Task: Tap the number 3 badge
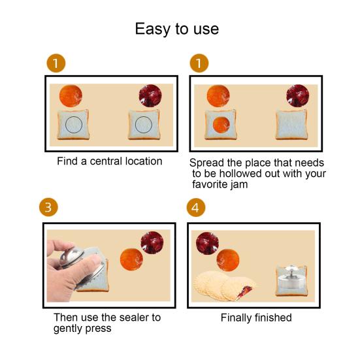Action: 48,207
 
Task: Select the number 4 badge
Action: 195,208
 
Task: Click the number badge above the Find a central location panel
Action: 56,63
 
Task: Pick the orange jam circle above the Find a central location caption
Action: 71,96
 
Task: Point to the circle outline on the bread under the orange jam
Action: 74,124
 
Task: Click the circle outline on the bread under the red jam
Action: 144,124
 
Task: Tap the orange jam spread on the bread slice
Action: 221,125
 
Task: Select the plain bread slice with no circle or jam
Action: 291,125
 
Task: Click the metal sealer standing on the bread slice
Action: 291,277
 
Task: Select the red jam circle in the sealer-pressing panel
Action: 152,242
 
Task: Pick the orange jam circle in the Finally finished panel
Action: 228,260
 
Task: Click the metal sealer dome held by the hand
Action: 71,257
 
